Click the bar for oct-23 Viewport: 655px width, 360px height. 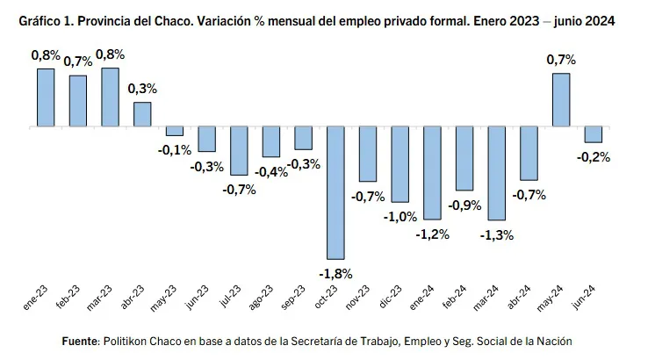335,192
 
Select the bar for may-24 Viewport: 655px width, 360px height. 560,100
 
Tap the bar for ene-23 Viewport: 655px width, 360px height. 46,97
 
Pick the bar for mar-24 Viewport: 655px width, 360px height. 496,173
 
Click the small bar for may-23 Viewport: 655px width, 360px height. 175,131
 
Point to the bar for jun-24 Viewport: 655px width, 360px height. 593,134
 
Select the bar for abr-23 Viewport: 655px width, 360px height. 142,114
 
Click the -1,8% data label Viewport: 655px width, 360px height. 335,273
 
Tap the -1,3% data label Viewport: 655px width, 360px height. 497,235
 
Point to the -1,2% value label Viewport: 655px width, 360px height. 432,234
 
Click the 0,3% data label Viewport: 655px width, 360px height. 142,89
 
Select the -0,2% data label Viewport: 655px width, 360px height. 594,157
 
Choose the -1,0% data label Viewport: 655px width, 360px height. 399,217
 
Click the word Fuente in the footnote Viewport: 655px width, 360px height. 81,341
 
